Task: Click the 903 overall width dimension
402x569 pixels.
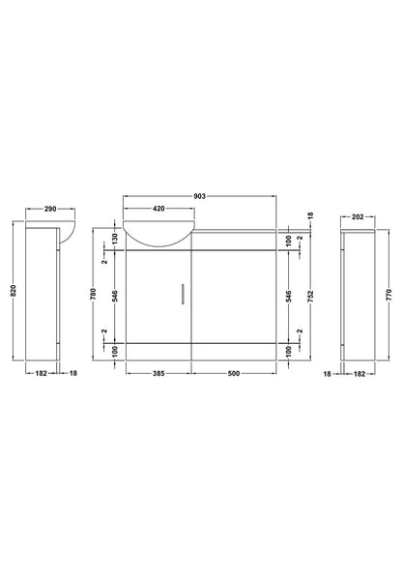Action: [x=199, y=197]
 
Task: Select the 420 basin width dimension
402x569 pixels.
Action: [x=158, y=208]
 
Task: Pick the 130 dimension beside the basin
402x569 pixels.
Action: [x=115, y=237]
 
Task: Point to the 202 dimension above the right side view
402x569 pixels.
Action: [x=359, y=217]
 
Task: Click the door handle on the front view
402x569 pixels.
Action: [x=183, y=294]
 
